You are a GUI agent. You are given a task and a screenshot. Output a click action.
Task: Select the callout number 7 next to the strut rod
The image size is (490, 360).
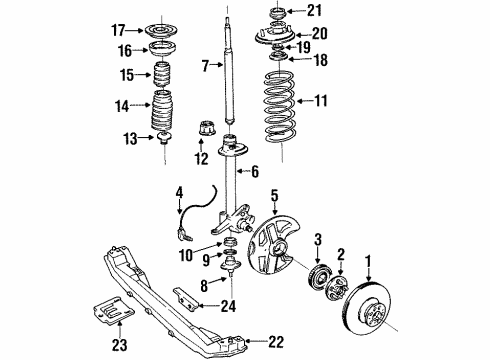(x=206, y=66)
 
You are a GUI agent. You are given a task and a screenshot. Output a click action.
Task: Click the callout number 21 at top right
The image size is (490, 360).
(x=315, y=11)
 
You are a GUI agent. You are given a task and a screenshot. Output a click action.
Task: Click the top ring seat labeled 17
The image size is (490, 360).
(x=162, y=29)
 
